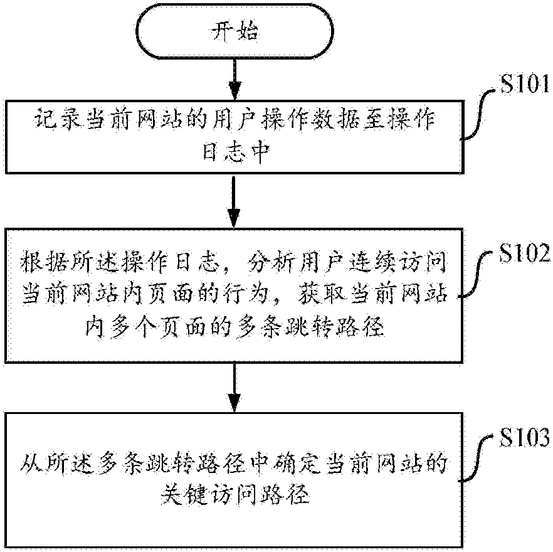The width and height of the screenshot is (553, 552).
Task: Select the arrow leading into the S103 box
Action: coord(233,386)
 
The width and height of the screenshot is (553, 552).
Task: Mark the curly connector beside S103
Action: coord(480,461)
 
